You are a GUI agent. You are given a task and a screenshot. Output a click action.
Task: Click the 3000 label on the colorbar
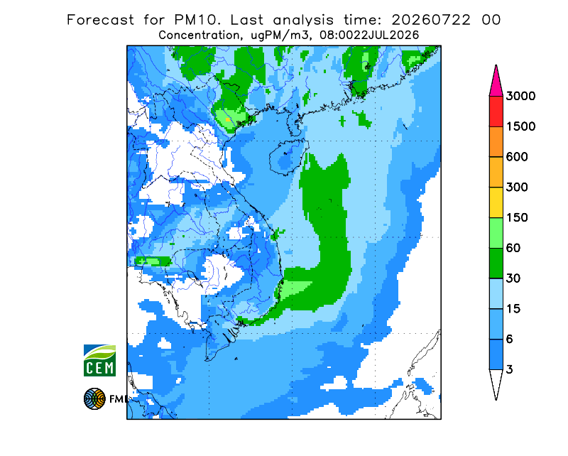click(520, 96)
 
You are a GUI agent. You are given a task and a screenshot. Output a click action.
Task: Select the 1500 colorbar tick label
click(520, 126)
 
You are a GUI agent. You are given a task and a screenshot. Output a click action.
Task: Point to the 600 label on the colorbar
click(517, 157)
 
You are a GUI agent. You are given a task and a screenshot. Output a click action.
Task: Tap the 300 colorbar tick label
click(517, 188)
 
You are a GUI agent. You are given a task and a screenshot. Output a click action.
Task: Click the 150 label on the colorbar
click(517, 218)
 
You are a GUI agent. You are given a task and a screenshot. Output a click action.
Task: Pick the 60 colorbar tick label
click(513, 249)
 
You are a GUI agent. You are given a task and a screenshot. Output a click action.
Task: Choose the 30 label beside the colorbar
click(513, 278)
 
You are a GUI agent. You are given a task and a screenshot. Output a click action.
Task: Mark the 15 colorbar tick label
click(513, 309)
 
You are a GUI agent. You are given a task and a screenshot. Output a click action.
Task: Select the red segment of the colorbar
click(496, 112)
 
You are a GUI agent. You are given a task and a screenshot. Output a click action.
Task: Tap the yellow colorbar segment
click(496, 202)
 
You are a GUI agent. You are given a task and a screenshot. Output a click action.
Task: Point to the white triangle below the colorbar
click(496, 382)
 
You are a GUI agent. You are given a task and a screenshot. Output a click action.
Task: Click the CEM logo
click(99, 360)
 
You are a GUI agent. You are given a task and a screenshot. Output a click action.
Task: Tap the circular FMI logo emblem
click(94, 398)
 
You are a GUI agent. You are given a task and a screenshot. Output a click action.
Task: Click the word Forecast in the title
click(100, 20)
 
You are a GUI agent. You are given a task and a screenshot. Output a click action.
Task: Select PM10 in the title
click(197, 20)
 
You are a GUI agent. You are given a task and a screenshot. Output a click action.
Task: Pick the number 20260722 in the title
click(431, 20)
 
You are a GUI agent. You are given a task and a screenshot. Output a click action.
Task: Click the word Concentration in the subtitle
click(200, 36)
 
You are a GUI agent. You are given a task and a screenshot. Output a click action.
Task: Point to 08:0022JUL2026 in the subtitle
click(369, 36)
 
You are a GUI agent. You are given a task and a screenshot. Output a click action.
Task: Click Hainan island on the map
click(288, 156)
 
